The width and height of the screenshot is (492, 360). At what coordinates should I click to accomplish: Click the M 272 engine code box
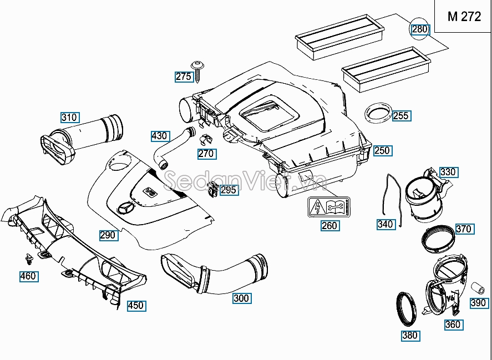[x=464, y=17]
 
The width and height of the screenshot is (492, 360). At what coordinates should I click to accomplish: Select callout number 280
[x=420, y=29]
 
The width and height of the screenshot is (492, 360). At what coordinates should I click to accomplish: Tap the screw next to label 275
[x=198, y=69]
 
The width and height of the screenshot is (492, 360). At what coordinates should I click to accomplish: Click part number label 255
[x=400, y=116]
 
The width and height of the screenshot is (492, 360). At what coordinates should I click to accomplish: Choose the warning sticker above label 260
[x=328, y=207]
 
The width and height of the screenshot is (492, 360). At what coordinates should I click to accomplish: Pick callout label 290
[x=108, y=235]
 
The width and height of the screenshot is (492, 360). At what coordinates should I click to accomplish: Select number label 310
[x=69, y=118]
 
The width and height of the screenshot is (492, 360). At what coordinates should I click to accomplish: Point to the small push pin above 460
[x=29, y=258]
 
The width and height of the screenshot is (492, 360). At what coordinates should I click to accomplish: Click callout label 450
[x=135, y=306]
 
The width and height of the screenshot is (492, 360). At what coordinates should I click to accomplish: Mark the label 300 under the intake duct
[x=241, y=298]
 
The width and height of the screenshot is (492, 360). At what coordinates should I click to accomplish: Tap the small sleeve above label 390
[x=475, y=288]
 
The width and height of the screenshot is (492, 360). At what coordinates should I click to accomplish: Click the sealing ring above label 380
[x=408, y=308]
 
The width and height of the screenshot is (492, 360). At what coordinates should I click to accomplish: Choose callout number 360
[x=453, y=324]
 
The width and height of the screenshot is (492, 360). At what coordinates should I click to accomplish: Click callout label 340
[x=385, y=225]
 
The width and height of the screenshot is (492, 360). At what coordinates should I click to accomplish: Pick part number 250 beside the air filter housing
[x=382, y=151]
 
